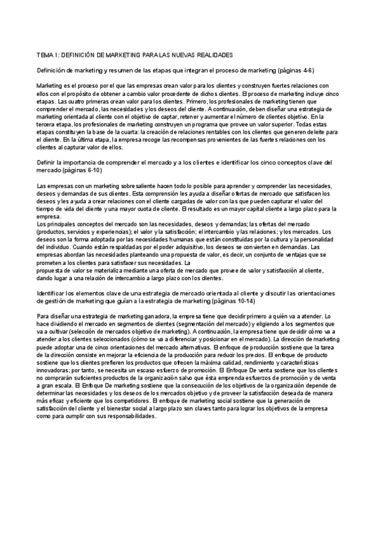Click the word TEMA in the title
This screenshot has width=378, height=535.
45,55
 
